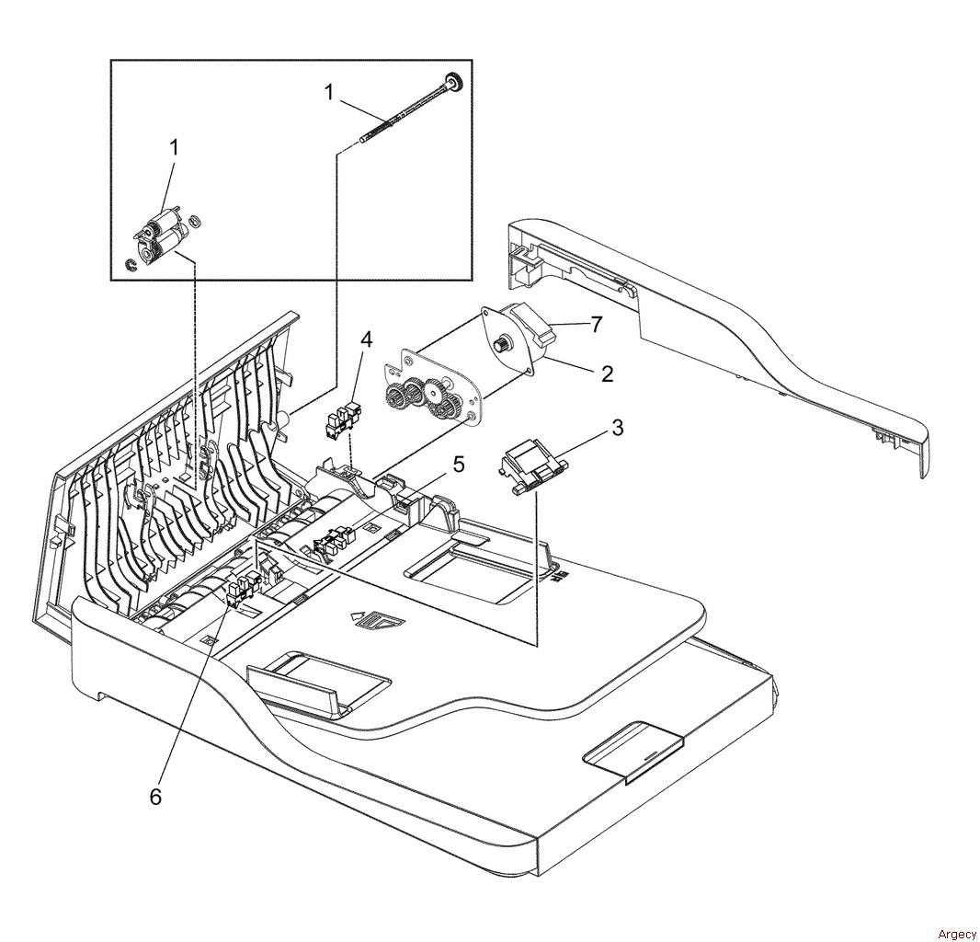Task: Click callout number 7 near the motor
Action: pos(596,325)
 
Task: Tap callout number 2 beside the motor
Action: pos(607,374)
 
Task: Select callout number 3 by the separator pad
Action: pos(618,428)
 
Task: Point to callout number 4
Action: pos(366,339)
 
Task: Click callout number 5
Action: pos(457,465)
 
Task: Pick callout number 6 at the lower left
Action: pos(156,797)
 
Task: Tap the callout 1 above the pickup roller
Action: pos(175,147)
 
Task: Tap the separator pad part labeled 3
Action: pos(532,464)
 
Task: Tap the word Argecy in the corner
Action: pos(957,935)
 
